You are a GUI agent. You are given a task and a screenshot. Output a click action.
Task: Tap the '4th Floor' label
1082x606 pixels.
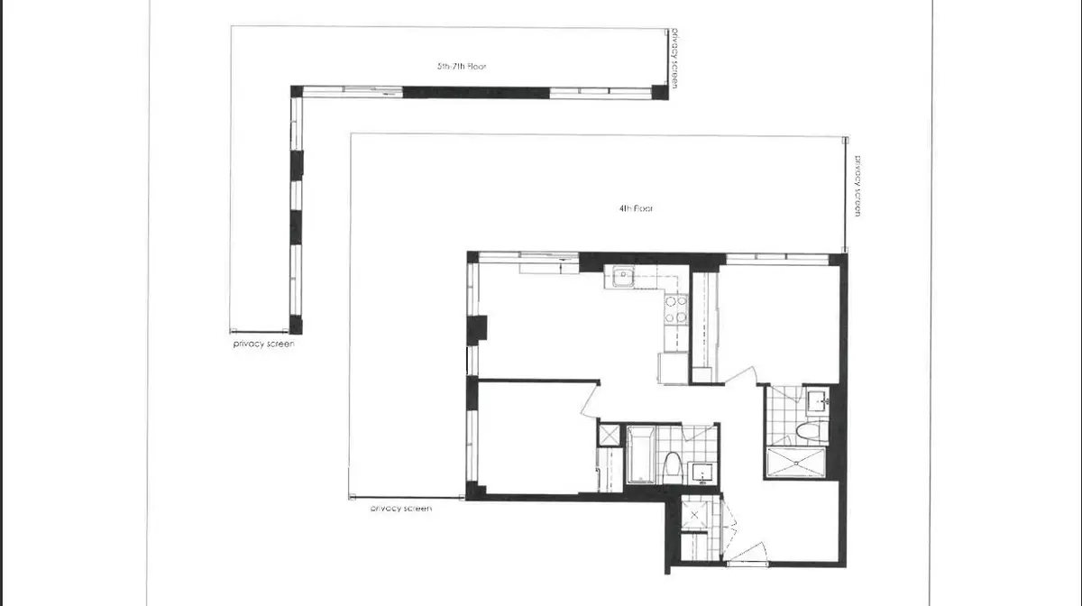[x=636, y=208]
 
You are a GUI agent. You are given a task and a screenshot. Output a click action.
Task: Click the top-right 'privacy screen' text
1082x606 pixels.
[x=674, y=59]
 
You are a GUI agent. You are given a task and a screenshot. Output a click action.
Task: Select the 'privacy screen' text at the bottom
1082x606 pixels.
[x=401, y=509]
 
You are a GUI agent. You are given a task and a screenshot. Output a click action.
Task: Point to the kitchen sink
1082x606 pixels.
[x=621, y=278]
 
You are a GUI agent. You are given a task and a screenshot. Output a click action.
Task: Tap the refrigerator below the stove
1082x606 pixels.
[x=673, y=368]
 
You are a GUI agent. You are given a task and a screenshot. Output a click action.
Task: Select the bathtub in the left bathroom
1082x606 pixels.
[x=641, y=454]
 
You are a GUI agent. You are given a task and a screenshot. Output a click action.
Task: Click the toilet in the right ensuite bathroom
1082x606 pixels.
[x=811, y=430]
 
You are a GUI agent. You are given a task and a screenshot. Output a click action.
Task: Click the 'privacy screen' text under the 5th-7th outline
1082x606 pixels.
[x=263, y=344]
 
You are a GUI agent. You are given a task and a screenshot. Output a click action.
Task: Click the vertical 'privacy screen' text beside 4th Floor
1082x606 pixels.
[x=859, y=186]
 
